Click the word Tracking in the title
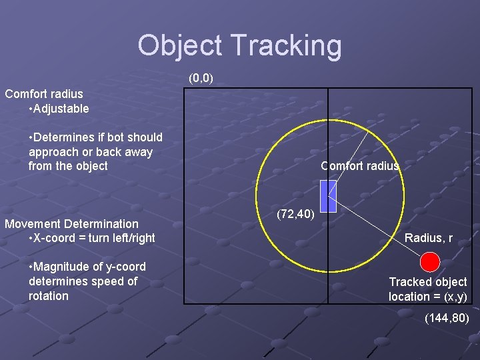(x=287, y=46)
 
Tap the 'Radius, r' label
(x=429, y=238)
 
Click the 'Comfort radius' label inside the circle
(x=360, y=166)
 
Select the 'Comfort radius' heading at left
(x=44, y=94)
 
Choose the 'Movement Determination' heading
(x=72, y=224)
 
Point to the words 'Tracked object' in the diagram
(x=428, y=282)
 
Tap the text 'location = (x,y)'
(x=428, y=297)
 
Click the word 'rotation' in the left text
(x=49, y=296)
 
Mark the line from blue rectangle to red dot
(x=380, y=231)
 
